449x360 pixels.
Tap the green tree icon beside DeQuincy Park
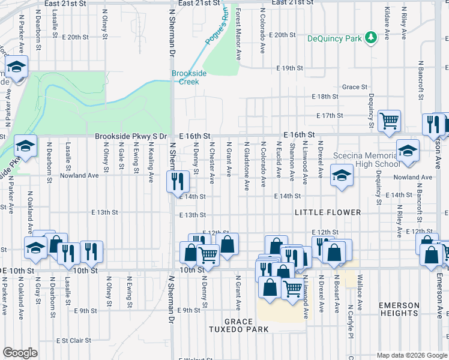click(372, 38)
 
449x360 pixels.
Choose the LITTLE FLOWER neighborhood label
click(328, 212)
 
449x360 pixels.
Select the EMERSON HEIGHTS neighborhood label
click(399, 309)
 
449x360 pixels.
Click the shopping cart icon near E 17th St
click(390, 120)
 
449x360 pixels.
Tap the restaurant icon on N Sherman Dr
click(178, 181)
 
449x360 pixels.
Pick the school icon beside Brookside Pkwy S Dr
click(26, 145)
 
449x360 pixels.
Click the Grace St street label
click(355, 87)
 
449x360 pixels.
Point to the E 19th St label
click(290, 68)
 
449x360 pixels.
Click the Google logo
click(20, 353)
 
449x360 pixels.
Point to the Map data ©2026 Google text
click(411, 355)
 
